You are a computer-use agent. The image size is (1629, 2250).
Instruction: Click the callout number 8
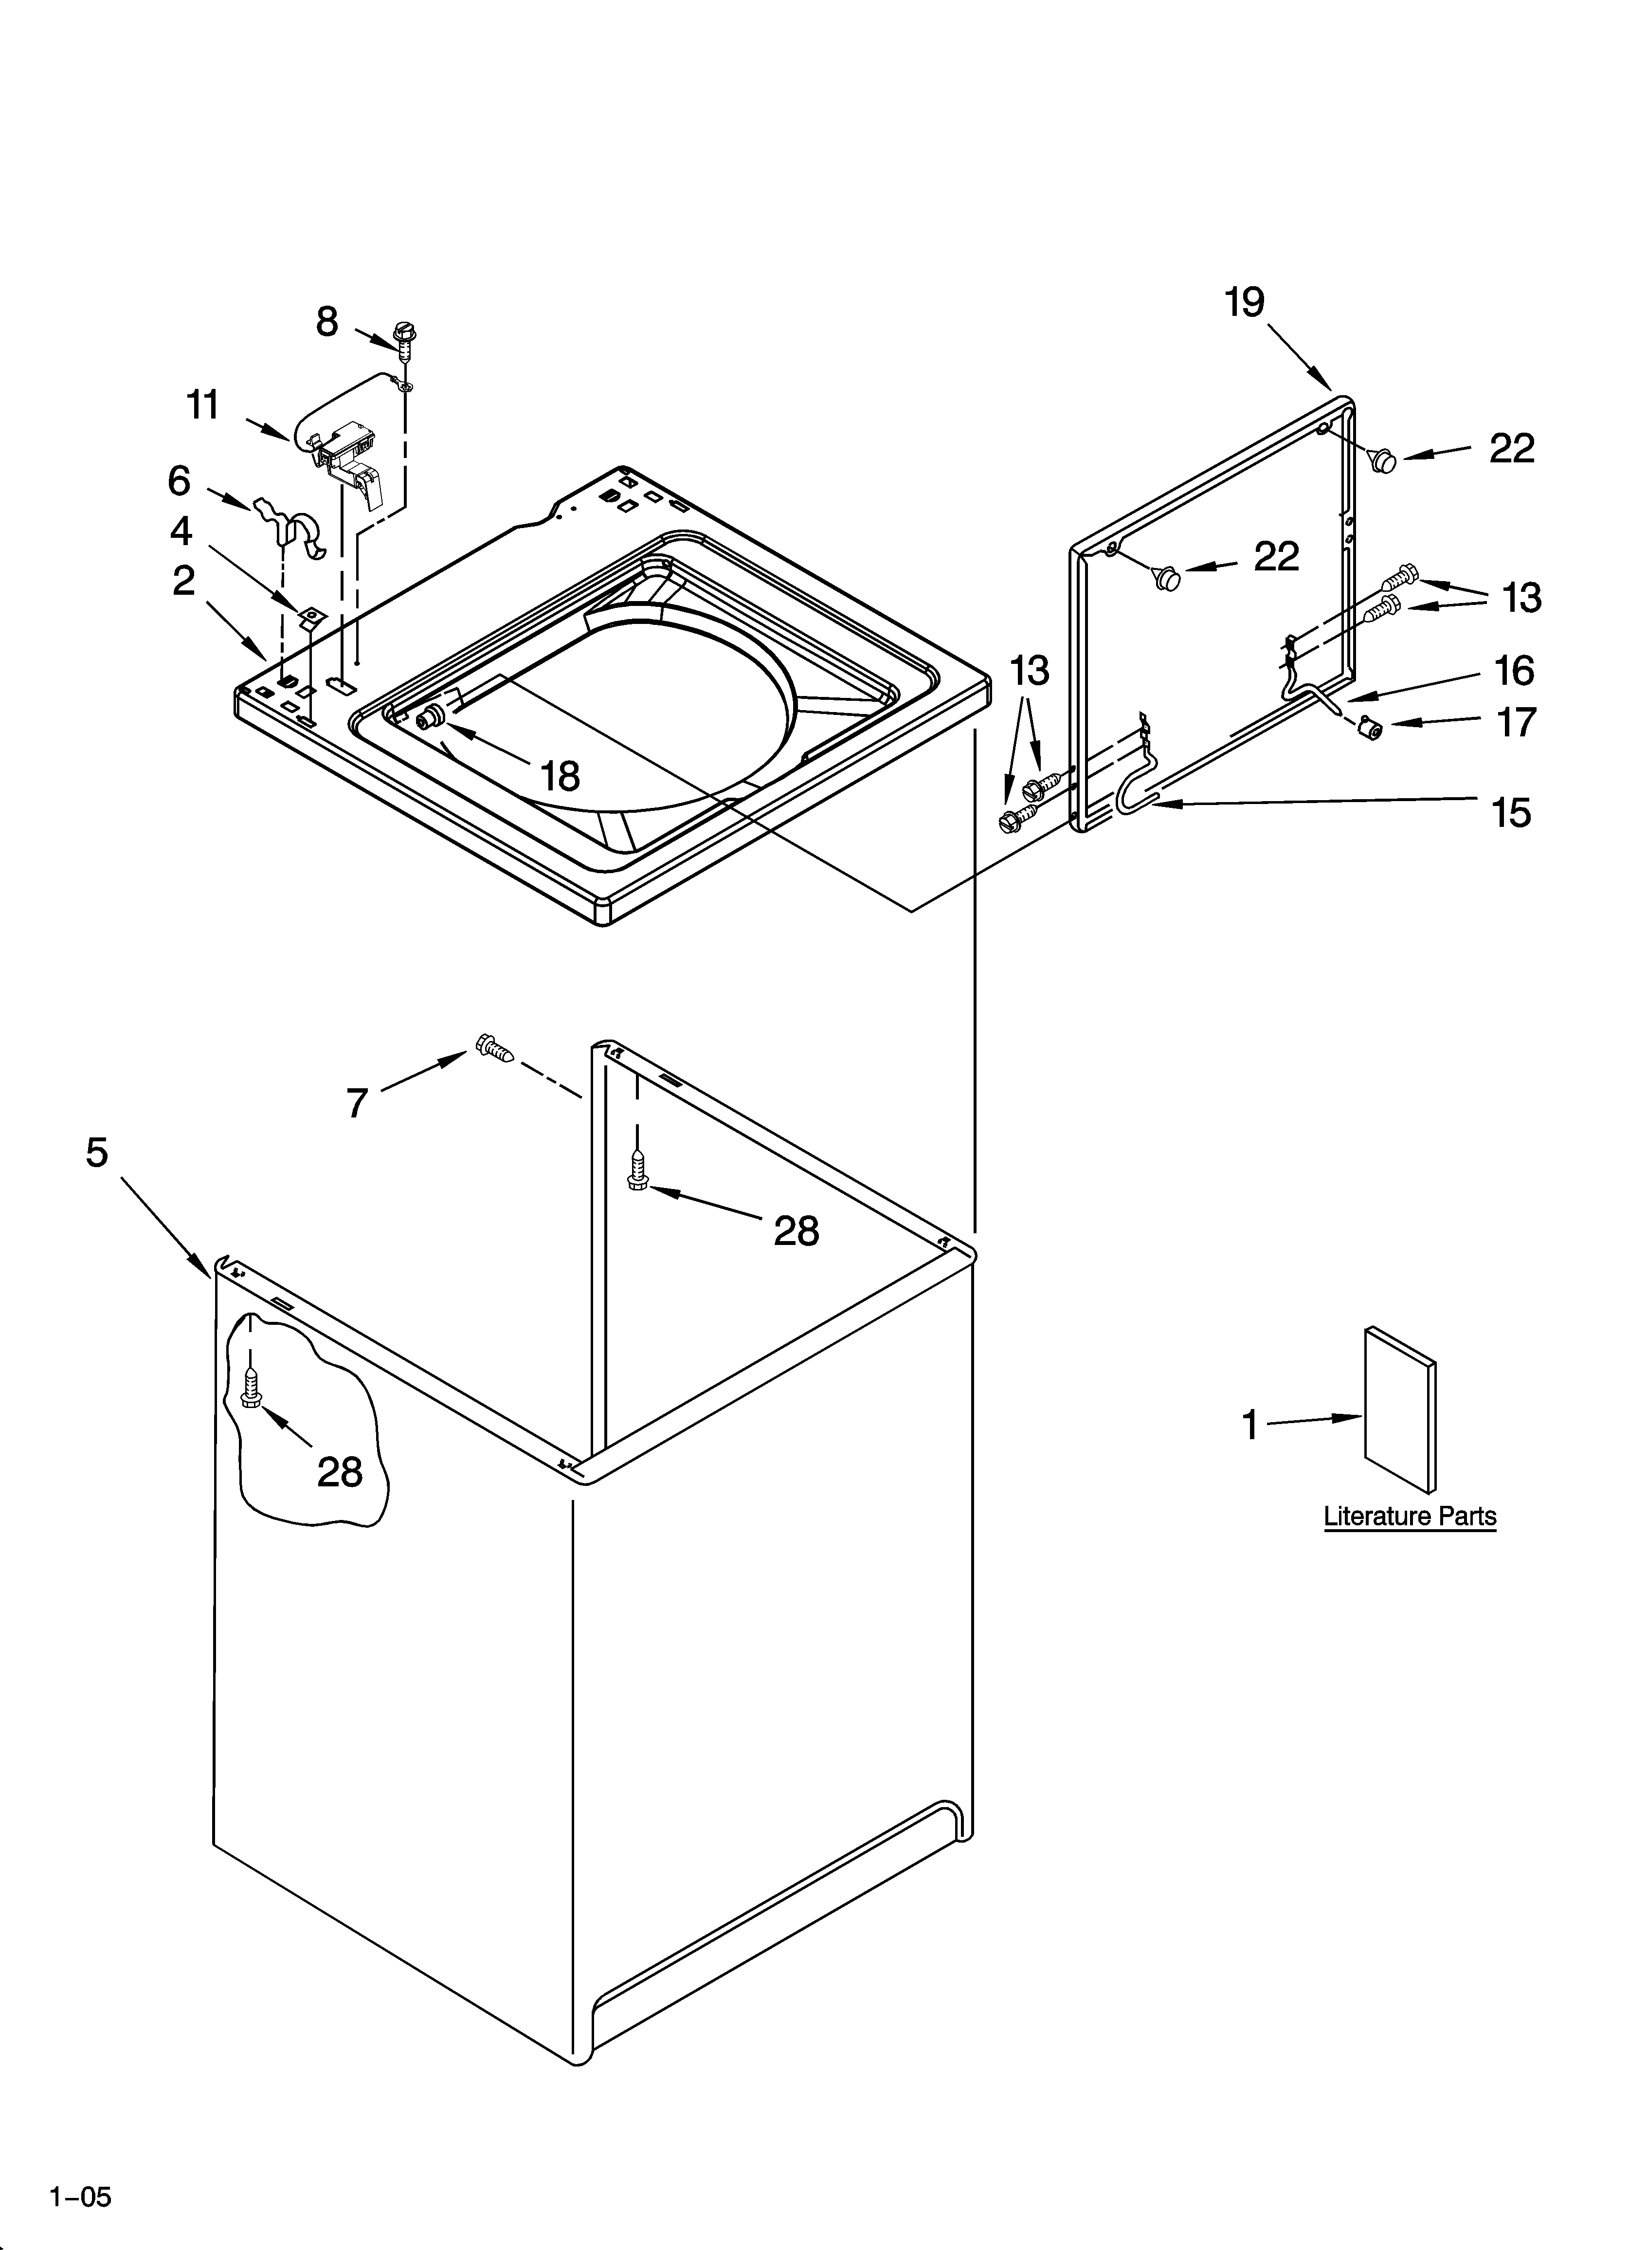click(x=327, y=322)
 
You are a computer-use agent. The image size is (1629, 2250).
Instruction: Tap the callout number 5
click(x=96, y=1153)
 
